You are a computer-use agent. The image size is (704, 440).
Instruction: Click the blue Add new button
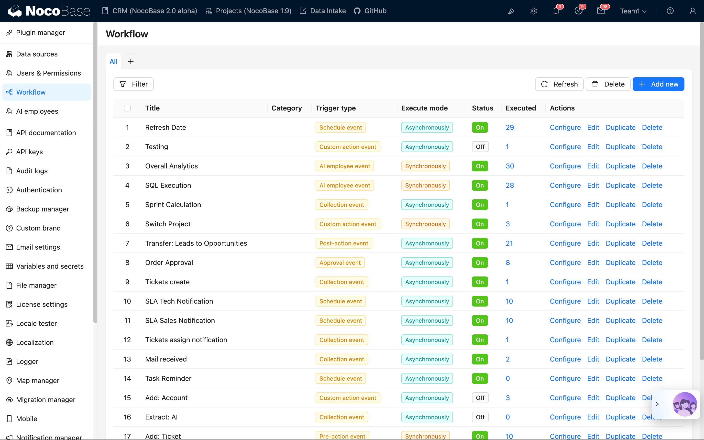tap(658, 84)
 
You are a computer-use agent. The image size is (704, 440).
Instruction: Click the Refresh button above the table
tap(559, 84)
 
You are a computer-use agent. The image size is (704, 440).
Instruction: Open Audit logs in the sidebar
tap(32, 171)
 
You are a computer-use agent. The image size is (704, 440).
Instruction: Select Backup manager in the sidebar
tap(43, 209)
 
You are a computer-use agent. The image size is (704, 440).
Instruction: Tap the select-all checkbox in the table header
tap(127, 108)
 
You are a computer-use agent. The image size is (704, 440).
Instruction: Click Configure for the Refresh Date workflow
tap(565, 127)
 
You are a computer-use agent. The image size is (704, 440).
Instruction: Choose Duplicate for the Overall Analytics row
tap(620, 166)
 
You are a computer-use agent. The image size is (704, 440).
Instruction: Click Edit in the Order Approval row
tap(593, 263)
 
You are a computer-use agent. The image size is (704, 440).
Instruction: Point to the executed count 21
tap(509, 243)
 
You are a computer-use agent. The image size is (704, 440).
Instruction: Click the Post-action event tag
tap(343, 243)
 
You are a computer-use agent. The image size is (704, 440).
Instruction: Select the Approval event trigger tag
tap(340, 263)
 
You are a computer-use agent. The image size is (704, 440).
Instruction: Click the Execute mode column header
tap(424, 108)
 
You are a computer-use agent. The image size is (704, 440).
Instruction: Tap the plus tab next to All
tap(131, 61)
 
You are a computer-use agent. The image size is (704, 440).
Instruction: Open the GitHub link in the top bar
tap(370, 11)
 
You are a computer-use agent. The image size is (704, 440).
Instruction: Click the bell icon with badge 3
tap(556, 11)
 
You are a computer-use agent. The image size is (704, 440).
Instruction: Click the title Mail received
tap(166, 359)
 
